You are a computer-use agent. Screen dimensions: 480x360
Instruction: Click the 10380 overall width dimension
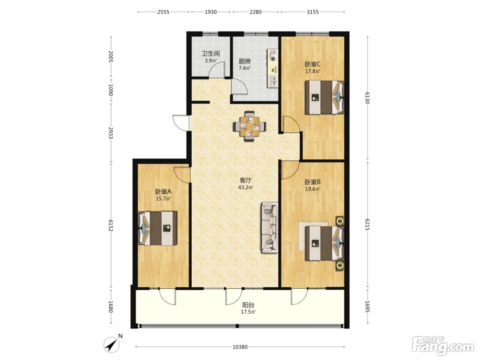pos(240,347)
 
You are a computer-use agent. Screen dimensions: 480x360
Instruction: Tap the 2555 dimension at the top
pos(163,12)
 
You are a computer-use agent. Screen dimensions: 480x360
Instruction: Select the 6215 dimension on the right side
pos(367,224)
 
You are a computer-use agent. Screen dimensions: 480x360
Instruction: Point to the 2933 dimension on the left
pos(111,133)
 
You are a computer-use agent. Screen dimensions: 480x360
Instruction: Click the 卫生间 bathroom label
pos(211,53)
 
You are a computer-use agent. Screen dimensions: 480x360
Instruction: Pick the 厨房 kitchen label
pos(244,61)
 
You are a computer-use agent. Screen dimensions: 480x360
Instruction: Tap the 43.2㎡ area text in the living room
pos(245,187)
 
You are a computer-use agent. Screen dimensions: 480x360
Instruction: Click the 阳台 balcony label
pos(249,305)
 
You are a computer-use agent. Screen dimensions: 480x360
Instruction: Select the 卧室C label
pos(313,64)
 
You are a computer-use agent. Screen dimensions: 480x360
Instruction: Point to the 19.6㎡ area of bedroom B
pos(313,189)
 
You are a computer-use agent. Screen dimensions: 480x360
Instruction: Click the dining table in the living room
pos(250,126)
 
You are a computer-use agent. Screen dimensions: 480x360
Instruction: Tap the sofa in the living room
pos(269,228)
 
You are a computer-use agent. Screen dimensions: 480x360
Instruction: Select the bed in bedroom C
pos(325,97)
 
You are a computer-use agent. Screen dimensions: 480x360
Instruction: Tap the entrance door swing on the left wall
pos(181,123)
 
